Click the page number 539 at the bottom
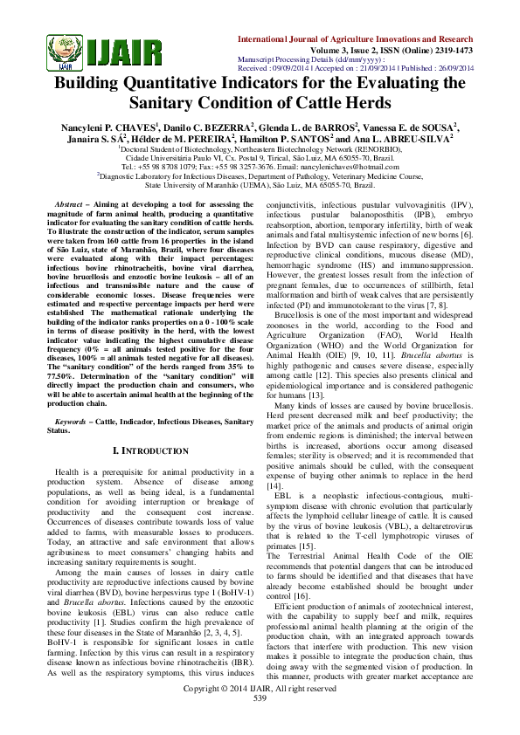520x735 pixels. (x=260, y=722)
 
